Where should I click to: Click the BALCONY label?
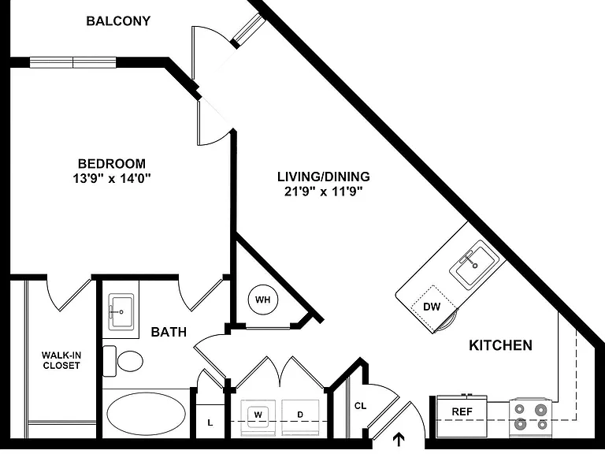coord(118,20)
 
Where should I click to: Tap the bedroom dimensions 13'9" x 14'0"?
coord(112,178)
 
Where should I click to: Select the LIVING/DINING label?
coord(323,177)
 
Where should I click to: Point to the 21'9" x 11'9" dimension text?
coord(324,191)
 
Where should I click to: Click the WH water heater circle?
coord(263,300)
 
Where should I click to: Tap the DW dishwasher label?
coord(432,307)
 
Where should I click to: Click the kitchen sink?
coord(474,265)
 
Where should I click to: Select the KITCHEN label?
coord(500,345)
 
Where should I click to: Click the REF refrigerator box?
coord(462,416)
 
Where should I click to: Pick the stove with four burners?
coord(531,418)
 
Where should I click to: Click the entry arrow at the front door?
coord(399,440)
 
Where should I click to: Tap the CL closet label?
coord(360,406)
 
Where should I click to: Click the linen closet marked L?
coord(210,422)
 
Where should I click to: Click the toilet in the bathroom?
coord(123,361)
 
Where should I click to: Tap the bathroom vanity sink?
coord(121,312)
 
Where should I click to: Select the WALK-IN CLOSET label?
coord(61,360)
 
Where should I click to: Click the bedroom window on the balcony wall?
coord(73,62)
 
